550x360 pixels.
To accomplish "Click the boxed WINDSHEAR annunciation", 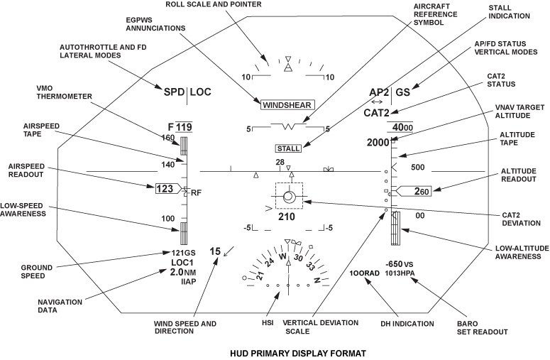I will click(286, 105).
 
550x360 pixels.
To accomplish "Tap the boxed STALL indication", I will click(288, 148).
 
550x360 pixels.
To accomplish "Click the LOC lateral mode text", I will click(201, 92).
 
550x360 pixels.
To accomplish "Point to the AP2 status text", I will click(380, 92).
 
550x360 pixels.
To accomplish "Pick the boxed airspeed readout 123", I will click(165, 190).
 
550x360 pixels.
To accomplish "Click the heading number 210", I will click(286, 216).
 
